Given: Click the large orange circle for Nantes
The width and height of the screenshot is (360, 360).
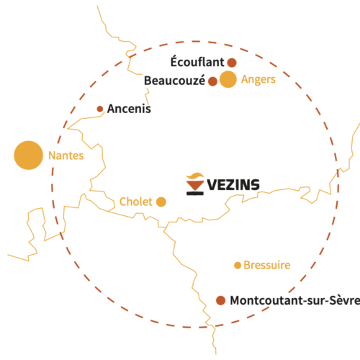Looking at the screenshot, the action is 28,156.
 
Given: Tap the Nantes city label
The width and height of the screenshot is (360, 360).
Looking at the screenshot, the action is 66,156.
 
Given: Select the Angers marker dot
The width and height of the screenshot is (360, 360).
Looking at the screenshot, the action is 228,79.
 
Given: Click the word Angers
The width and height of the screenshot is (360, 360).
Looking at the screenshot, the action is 258,80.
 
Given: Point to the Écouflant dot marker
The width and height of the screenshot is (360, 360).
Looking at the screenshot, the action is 232,63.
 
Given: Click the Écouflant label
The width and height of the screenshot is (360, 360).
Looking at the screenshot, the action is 197,61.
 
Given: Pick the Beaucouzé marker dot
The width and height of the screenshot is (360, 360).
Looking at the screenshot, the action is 212,81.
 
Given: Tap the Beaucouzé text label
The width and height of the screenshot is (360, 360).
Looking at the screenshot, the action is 174,81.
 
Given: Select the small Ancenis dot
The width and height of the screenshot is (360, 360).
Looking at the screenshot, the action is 100,109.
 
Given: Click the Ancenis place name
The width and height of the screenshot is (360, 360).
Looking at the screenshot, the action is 129,109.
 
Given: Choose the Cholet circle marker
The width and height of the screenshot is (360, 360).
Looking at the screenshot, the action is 161,202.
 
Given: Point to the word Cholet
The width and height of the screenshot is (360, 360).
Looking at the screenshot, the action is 136,202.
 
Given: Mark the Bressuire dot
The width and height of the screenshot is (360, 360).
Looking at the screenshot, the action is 238,266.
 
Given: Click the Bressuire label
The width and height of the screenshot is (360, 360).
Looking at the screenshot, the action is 267,265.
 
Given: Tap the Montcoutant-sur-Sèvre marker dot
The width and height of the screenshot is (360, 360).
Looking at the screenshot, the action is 220,300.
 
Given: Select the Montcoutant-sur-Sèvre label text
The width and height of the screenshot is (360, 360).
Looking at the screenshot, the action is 295,300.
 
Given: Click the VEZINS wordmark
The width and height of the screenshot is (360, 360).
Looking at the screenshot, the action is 233,185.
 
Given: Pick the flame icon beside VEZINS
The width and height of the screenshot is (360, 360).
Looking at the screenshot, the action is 195,176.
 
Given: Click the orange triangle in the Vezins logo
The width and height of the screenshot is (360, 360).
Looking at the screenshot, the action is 195,186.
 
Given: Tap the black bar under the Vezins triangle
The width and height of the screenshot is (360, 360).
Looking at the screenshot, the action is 195,193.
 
